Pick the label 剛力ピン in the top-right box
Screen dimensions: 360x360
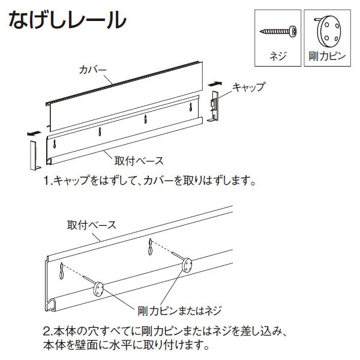328,56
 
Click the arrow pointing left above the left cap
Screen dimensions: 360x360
34,133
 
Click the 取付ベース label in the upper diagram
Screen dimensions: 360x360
139,160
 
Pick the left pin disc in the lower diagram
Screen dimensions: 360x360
98,291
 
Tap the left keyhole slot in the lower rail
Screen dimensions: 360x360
62,272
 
